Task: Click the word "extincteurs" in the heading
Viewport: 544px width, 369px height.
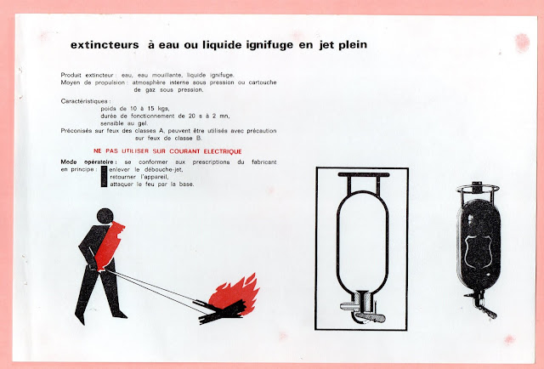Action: click(105, 45)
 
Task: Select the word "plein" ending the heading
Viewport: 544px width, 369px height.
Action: click(353, 45)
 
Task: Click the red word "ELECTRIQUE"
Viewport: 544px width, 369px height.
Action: click(223, 151)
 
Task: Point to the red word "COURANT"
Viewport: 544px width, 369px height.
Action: click(184, 151)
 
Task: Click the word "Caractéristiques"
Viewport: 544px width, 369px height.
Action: click(84, 101)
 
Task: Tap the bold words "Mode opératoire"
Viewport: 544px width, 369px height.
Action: click(87, 162)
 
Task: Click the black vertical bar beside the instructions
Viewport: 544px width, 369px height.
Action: click(104, 177)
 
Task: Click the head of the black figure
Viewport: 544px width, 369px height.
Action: click(105, 216)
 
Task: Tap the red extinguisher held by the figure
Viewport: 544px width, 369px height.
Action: click(109, 246)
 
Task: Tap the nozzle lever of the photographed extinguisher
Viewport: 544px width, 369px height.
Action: click(489, 312)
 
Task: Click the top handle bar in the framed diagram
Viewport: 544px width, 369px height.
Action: click(364, 174)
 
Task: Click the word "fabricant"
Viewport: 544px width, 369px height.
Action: click(264, 162)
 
